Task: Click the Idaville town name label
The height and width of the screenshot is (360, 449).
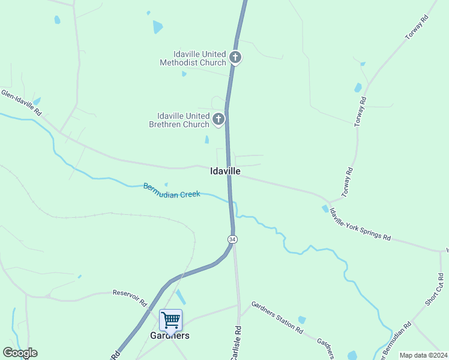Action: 226,171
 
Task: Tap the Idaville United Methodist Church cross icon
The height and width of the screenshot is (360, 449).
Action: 236,58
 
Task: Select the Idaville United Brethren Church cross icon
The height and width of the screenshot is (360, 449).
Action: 218,119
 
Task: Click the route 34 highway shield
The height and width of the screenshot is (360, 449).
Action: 232,239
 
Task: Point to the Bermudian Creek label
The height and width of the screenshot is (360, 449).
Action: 172,191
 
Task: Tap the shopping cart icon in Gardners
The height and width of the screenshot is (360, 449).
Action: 170,320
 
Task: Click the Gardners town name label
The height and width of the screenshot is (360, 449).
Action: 170,335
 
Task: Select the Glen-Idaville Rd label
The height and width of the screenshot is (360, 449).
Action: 21,103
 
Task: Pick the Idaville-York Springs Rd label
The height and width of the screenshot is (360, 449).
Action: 360,224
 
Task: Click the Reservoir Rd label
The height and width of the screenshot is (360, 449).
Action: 130,297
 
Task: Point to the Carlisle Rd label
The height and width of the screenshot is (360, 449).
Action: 237,343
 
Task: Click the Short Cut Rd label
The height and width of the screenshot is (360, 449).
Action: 435,290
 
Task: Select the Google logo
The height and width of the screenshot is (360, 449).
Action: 20,353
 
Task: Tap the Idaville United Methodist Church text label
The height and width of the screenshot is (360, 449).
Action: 193,58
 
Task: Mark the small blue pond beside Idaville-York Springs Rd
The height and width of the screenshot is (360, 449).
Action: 325,209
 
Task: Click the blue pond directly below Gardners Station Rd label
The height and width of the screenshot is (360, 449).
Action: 302,320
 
